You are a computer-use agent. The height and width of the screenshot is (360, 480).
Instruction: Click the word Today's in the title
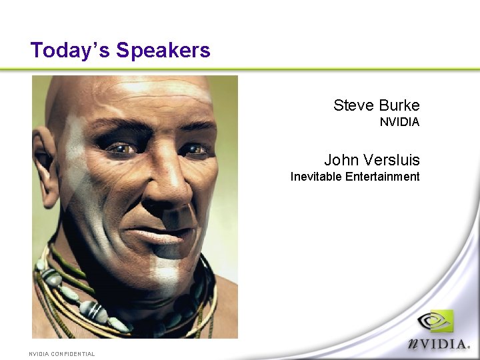click(x=70, y=50)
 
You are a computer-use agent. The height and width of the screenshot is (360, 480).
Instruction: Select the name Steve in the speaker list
click(x=353, y=105)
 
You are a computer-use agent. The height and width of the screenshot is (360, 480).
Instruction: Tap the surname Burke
click(x=399, y=105)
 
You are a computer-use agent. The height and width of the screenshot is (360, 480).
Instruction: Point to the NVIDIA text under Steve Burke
click(x=399, y=122)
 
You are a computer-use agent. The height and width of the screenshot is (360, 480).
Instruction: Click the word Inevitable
click(x=316, y=177)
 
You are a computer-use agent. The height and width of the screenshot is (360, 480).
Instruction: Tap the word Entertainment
click(x=383, y=177)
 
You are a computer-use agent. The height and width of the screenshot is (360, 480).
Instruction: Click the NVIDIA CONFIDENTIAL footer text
click(x=61, y=354)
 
